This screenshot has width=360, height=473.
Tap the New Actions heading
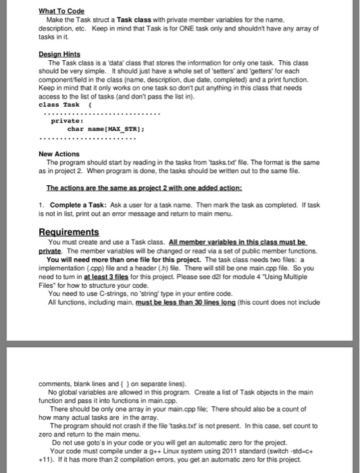pos(59,154)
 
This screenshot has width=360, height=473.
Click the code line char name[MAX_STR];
pos(104,128)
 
